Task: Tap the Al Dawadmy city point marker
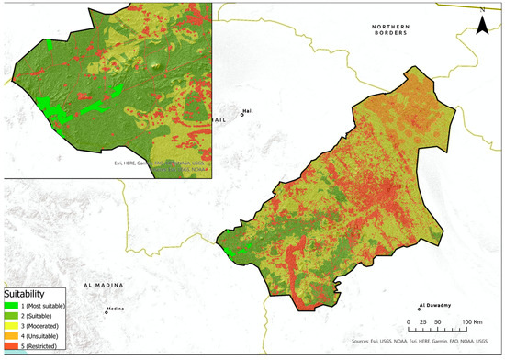[x=420, y=309]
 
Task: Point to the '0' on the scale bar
[x=408, y=322]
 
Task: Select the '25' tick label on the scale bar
[x=421, y=322]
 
